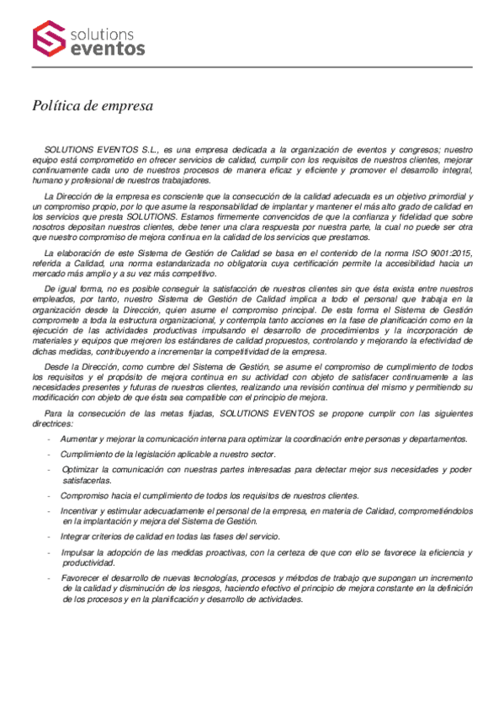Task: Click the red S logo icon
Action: (49, 39)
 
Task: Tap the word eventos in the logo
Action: (109, 50)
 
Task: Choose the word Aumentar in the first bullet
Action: (80, 439)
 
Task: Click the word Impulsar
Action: (77, 552)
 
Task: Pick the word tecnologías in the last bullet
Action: (218, 578)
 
